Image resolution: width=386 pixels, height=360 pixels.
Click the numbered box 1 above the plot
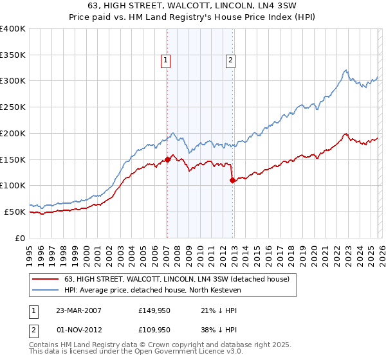pos(166,61)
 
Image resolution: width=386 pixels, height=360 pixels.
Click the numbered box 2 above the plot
pos(230,61)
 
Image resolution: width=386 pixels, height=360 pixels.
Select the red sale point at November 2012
pos(232,180)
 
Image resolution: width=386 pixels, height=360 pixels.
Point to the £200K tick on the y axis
pos(13,133)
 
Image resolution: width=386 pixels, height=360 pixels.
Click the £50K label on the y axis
pos(15,212)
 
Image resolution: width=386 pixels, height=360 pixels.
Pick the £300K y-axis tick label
pos(13,81)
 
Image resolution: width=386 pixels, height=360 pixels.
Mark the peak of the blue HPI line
pos(345,70)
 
